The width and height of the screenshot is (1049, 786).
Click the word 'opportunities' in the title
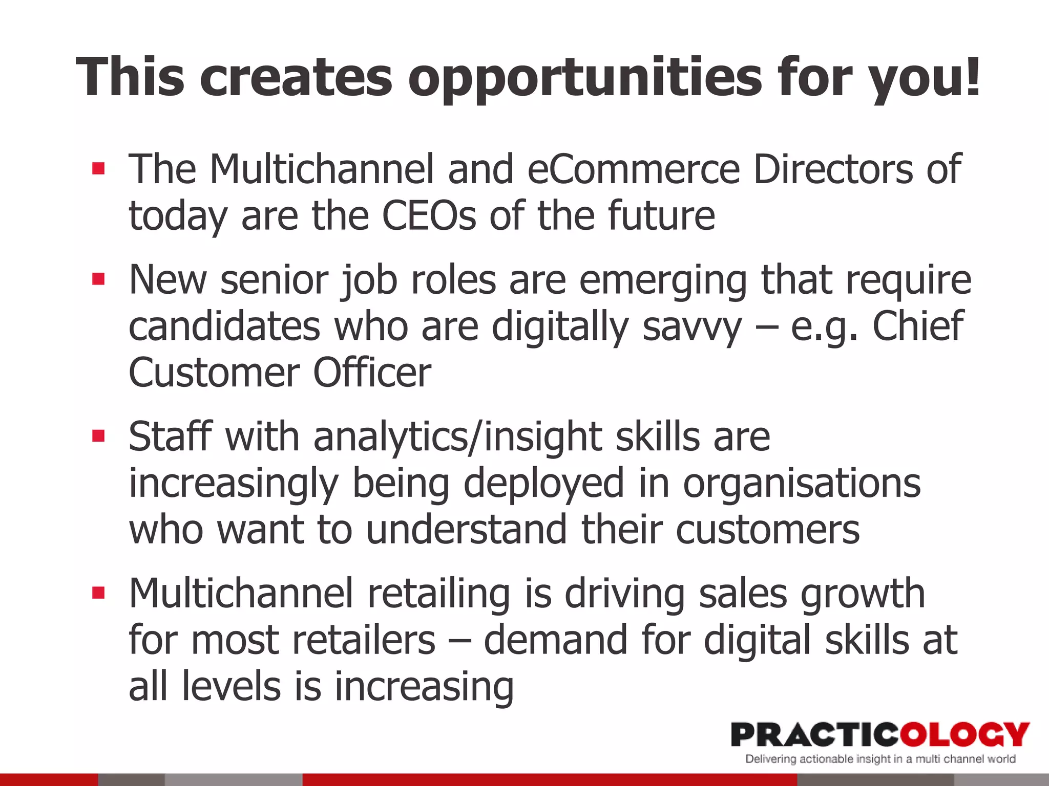pyautogui.click(x=585, y=78)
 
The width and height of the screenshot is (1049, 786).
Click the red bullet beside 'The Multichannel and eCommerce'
pyautogui.click(x=98, y=169)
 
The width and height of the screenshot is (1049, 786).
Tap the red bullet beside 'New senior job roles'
pyautogui.click(x=98, y=279)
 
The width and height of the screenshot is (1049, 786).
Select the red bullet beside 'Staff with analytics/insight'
pyautogui.click(x=98, y=436)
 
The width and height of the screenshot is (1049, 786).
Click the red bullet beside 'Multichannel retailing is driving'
pyautogui.click(x=98, y=593)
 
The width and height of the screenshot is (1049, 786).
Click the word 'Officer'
pyautogui.click(x=372, y=373)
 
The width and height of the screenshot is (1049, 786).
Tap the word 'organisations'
pyautogui.click(x=802, y=483)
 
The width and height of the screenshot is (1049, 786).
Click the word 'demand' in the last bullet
pyautogui.click(x=555, y=640)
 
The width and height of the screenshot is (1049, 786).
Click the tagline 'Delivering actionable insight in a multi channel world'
pyautogui.click(x=880, y=759)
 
